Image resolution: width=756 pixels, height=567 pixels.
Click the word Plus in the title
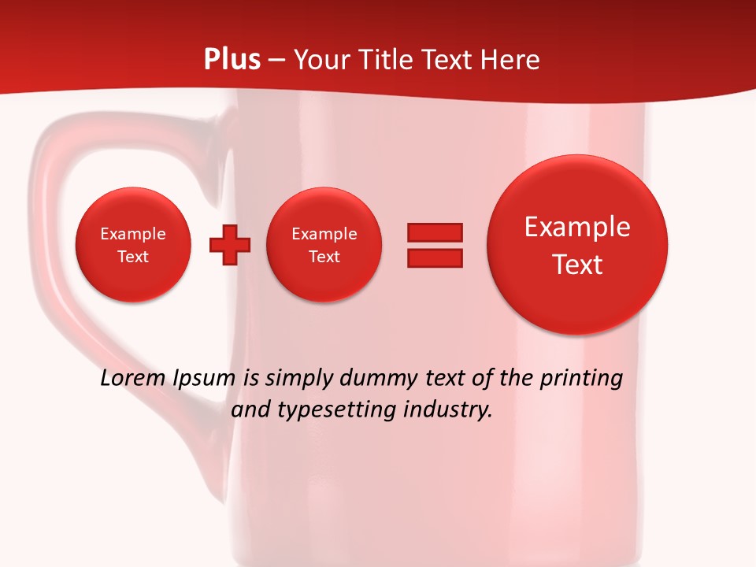(x=232, y=60)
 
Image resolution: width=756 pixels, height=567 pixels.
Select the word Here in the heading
(x=512, y=60)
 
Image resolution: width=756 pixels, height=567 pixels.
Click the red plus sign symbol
(x=230, y=245)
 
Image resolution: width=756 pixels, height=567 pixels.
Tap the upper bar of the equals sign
(x=435, y=232)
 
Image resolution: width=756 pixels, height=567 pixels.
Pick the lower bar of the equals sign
(x=435, y=258)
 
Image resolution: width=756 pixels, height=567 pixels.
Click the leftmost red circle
(x=133, y=245)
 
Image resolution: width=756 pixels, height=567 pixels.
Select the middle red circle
(x=324, y=245)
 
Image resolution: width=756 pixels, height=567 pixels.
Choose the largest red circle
(x=577, y=245)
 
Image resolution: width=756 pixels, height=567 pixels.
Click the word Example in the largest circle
(x=577, y=227)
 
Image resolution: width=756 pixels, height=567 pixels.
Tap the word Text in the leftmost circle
(x=133, y=257)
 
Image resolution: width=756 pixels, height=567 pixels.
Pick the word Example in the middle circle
(x=324, y=234)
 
